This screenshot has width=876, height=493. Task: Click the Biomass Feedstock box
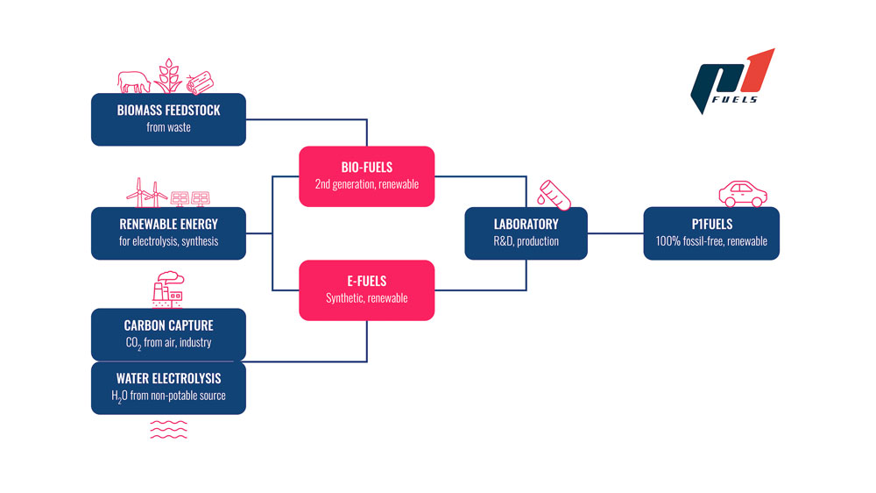click(x=168, y=119)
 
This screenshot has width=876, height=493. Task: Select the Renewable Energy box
click(x=168, y=232)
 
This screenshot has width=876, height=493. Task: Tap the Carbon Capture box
click(x=168, y=333)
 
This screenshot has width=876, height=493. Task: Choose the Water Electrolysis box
click(x=168, y=387)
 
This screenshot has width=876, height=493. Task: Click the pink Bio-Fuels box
click(x=366, y=175)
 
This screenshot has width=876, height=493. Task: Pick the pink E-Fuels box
click(x=366, y=289)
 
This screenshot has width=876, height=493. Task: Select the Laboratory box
click(x=526, y=232)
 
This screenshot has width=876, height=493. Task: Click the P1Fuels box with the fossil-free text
click(x=710, y=232)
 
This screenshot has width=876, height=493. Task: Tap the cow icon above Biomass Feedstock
click(x=133, y=80)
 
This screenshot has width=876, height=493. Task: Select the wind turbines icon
click(x=146, y=191)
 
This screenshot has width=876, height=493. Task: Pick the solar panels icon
click(x=192, y=196)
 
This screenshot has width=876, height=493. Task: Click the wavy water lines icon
click(x=168, y=428)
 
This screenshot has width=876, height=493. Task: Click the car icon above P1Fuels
click(x=742, y=192)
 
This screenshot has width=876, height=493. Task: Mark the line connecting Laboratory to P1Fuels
click(x=614, y=233)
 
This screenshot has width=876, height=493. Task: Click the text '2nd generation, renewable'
click(x=366, y=184)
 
